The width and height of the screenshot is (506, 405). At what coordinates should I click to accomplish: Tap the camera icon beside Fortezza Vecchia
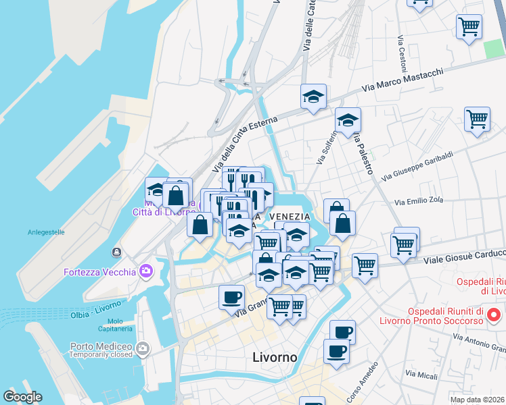146,272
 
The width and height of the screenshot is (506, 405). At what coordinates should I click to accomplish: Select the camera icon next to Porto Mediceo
142,349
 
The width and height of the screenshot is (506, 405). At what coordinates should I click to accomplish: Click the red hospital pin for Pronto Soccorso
494,315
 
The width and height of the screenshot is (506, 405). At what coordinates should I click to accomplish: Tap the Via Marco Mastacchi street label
402,80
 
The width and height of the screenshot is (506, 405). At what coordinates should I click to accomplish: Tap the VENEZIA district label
290,216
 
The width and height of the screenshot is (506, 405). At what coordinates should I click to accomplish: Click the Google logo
22,397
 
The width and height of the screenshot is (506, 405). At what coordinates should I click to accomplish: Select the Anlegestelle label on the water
46,232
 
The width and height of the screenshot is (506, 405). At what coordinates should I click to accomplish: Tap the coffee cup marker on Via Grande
231,297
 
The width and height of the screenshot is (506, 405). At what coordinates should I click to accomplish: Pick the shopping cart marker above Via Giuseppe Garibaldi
477,119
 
